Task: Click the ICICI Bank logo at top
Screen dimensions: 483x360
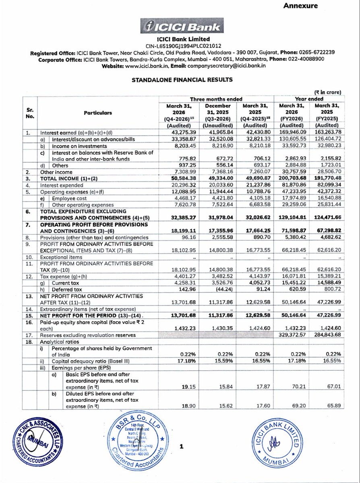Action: click(180, 27)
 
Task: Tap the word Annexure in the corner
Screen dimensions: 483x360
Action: click(300, 6)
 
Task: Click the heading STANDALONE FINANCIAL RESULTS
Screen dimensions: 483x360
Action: click(180, 80)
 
